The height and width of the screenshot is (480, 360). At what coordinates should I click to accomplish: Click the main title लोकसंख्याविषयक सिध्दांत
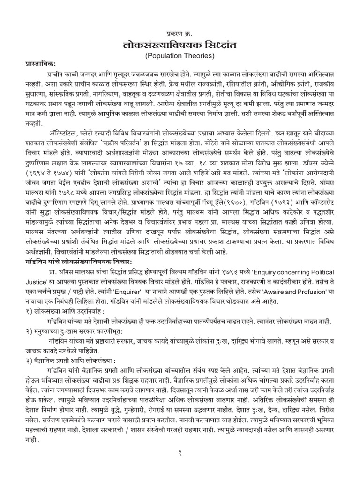[x=180, y=45]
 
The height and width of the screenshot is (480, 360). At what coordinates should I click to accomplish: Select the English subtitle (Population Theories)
[x=180, y=56]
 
